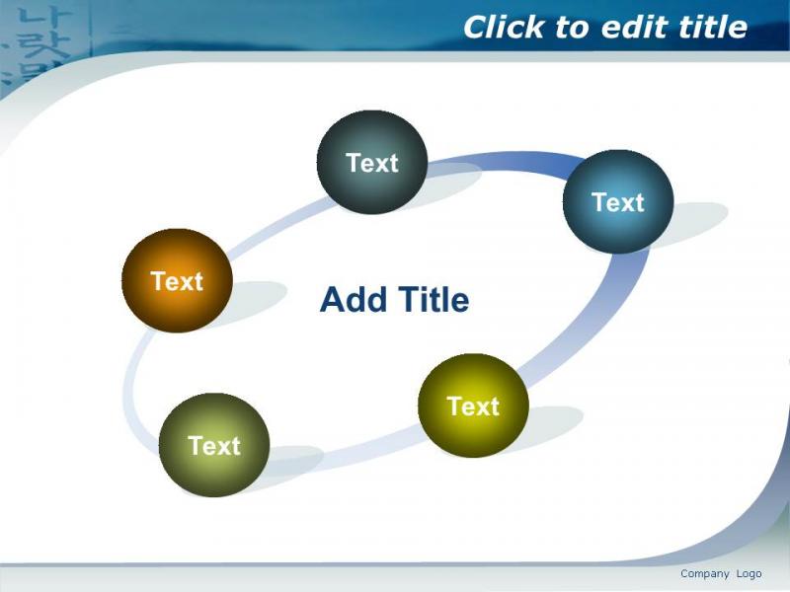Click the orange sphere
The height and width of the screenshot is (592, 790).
coord(177,280)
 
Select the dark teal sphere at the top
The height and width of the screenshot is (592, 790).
coord(372,162)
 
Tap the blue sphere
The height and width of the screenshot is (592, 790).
coord(618,201)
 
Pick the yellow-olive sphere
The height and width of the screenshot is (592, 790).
coord(473,406)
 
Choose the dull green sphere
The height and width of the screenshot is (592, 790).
coord(214,445)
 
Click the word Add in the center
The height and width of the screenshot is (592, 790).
coord(353,300)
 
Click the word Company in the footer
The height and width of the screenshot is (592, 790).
coord(705,574)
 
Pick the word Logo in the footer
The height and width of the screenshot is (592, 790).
coord(750,574)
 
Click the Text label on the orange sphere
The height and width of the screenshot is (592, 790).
coord(177,281)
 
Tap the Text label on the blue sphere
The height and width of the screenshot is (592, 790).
coord(618,202)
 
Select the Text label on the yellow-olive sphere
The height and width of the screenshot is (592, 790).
coord(473,406)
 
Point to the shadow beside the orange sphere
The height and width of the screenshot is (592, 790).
coord(257,302)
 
